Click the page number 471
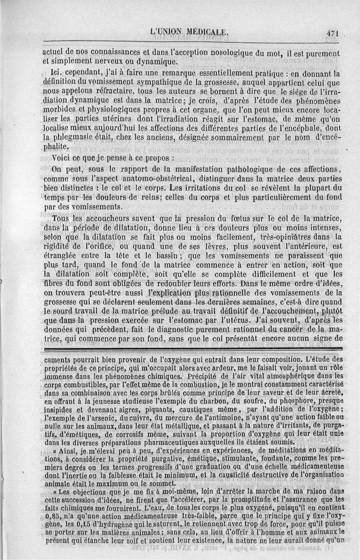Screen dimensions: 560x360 click(x=333, y=32)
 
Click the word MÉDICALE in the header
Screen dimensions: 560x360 click(x=205, y=32)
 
